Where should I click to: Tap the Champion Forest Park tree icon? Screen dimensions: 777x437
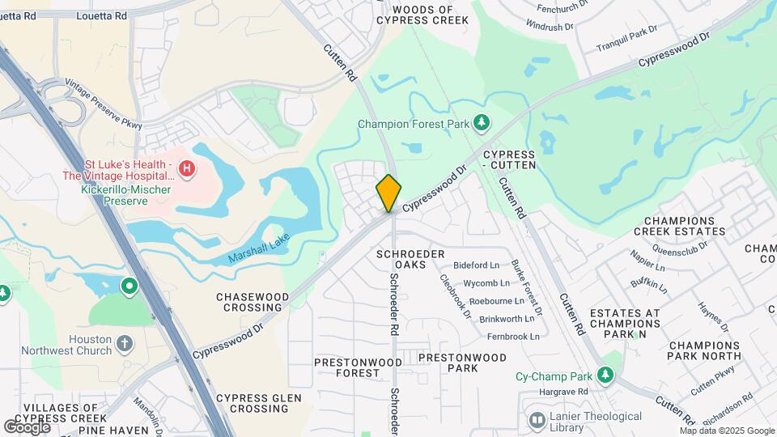point(482,123)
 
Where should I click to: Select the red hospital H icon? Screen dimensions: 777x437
point(187,169)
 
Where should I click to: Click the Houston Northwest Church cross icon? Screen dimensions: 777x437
point(125,344)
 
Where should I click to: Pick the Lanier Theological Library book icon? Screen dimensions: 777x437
point(536,420)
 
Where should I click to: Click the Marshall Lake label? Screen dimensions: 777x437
point(258,248)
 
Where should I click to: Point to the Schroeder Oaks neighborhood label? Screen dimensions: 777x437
point(410,260)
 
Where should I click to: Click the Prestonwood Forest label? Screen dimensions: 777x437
point(346,367)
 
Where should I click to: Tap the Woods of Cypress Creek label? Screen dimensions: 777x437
point(429,15)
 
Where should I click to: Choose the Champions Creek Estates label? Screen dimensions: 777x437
point(685,226)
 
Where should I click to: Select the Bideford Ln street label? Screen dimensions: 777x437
point(477,265)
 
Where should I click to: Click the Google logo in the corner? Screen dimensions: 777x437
point(27,426)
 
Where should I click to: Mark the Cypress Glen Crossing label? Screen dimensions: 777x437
point(259,403)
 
